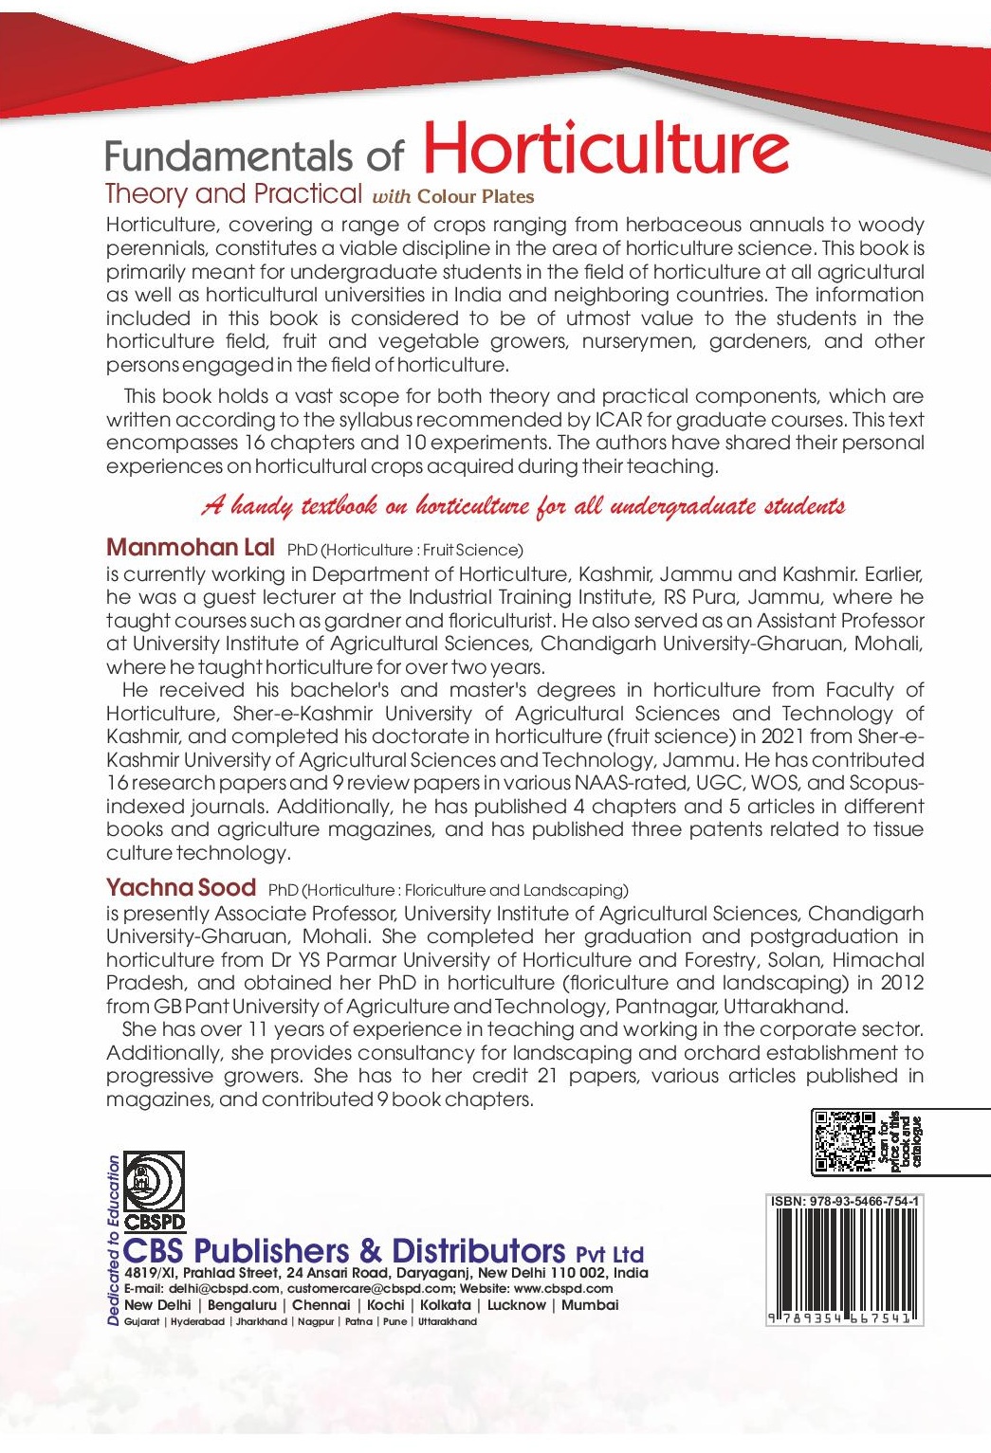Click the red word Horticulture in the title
click(605, 149)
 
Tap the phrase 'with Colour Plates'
click(453, 197)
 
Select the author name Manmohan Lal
click(190, 547)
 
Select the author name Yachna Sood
click(180, 887)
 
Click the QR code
click(843, 1141)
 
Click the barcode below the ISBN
click(843, 1261)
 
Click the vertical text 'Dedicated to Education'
click(114, 1240)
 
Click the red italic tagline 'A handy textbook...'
click(523, 505)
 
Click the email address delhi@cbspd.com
click(224, 1289)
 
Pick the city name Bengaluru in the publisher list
click(242, 1305)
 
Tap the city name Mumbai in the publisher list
click(589, 1305)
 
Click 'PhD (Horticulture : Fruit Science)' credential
click(405, 550)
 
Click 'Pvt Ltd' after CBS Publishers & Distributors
click(610, 1253)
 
